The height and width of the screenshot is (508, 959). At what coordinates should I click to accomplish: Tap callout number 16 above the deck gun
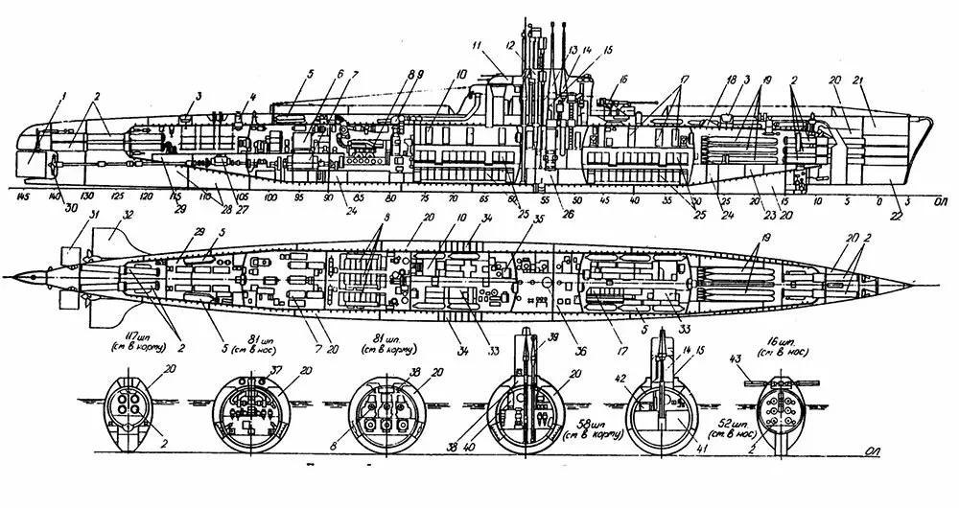623,80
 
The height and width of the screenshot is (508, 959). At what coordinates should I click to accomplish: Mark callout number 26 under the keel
556,214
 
